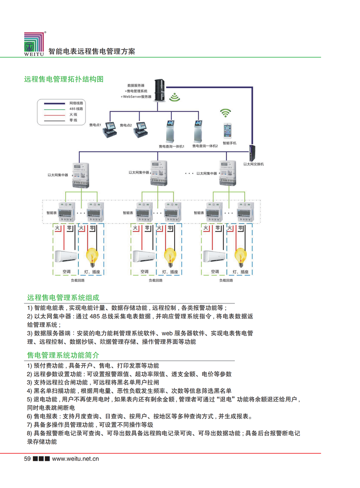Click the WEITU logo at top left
34,44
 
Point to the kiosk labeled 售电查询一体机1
170,130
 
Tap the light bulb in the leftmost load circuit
93,256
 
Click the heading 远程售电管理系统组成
63,298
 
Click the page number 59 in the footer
27,459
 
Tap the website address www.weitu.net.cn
75,459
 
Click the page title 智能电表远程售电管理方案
91,51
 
